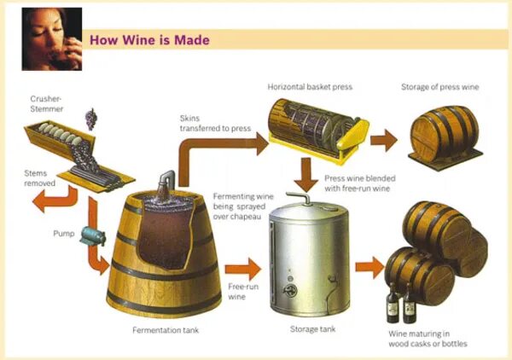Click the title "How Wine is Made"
click(149, 40)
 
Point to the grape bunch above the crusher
click(91, 118)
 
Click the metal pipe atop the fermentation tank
click(166, 180)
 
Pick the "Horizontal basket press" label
click(310, 87)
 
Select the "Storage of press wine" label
click(439, 87)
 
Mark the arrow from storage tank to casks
click(368, 266)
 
